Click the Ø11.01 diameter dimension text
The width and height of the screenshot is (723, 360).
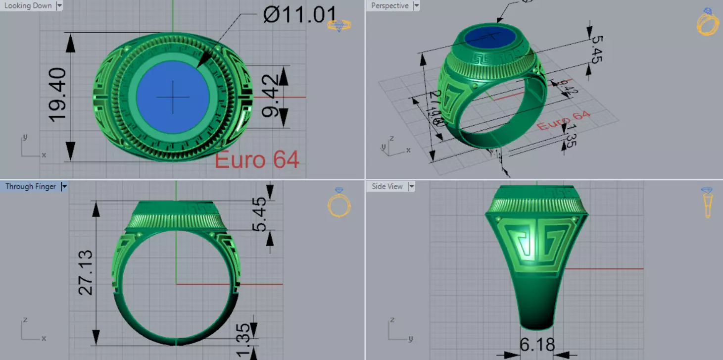(x=300, y=15)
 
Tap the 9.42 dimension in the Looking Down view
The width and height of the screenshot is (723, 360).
(x=270, y=97)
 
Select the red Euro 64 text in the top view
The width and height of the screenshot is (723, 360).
(x=257, y=159)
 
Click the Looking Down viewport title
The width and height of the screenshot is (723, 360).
(x=28, y=6)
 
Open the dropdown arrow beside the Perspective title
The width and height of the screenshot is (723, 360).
(x=416, y=6)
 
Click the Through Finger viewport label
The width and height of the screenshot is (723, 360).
(x=30, y=187)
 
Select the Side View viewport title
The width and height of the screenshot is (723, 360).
(x=387, y=187)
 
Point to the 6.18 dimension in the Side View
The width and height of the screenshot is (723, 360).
(x=537, y=345)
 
